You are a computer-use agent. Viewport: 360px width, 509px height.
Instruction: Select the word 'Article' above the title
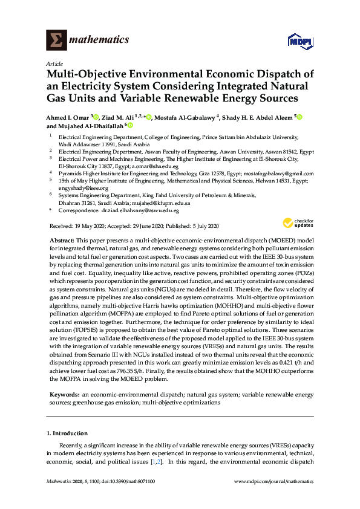click(53, 63)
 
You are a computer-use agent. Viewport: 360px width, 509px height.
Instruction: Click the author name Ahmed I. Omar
click(67, 117)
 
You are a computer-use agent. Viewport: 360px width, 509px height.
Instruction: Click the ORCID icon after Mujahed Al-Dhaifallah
click(130, 126)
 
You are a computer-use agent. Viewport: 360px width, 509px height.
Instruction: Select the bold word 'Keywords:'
click(64, 394)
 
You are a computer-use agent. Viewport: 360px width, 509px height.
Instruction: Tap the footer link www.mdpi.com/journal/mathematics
click(273, 498)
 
